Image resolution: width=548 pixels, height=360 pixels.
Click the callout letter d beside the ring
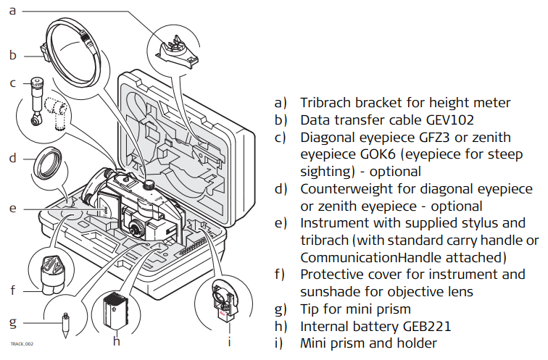(x=12, y=157)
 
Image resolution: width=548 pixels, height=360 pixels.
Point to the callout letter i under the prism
(x=230, y=338)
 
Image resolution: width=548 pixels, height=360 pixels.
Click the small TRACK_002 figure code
(x=22, y=344)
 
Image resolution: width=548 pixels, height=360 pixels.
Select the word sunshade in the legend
(x=329, y=292)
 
